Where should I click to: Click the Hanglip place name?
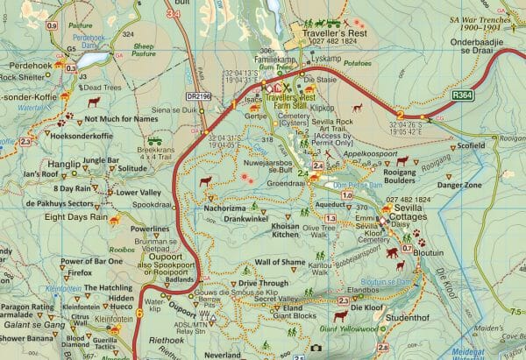click(x=64, y=163)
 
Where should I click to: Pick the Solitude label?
click(x=132, y=167)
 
